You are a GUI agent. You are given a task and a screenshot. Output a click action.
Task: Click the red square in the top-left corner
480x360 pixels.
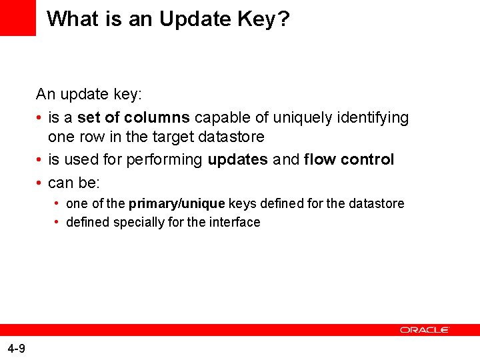point(18,18)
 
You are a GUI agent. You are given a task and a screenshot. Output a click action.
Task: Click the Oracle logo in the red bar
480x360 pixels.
point(424,330)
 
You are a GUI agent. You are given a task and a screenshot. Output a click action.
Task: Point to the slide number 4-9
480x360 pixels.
point(17,349)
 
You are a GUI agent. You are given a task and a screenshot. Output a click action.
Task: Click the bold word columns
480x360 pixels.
point(157,117)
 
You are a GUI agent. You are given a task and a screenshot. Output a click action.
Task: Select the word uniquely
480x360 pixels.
point(303,119)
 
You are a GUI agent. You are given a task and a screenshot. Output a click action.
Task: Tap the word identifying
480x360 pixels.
point(373,119)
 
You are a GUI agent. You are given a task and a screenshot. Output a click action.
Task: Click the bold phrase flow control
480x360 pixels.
point(349,159)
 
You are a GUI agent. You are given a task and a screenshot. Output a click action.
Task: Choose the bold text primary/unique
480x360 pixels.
point(177,204)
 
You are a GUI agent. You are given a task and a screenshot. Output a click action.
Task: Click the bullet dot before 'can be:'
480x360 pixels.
point(39,183)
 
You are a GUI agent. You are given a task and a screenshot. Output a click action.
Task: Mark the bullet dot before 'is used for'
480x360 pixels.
point(39,159)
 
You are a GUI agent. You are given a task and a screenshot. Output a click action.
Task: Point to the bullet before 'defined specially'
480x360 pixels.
point(56,222)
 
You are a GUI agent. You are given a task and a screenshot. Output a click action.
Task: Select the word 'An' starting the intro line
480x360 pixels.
point(45,94)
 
